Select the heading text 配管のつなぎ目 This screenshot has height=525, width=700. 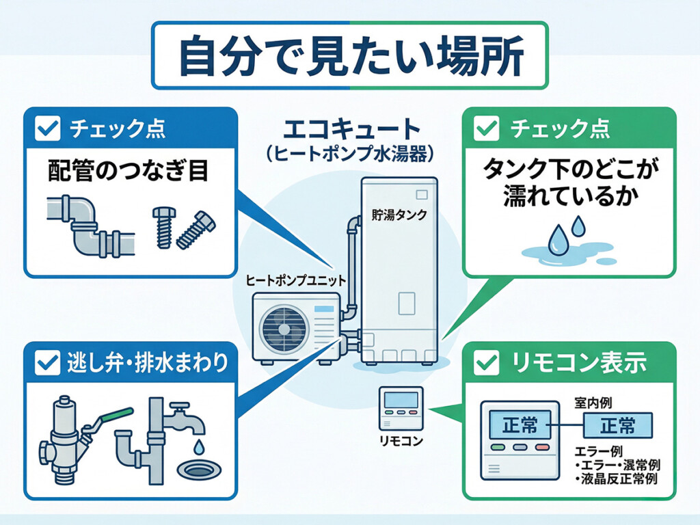coord(128,171)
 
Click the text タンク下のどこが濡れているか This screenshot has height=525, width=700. coord(569,183)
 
